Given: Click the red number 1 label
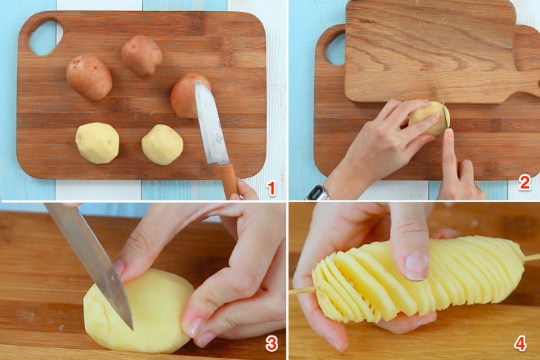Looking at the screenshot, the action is click(271, 189).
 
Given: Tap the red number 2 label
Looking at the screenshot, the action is click(524, 183).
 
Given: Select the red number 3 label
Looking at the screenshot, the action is click(271, 343).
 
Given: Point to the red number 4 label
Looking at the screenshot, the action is click(520, 343).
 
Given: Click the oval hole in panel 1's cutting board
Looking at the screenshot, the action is click(45, 37).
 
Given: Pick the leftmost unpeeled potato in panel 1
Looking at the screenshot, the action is click(90, 77).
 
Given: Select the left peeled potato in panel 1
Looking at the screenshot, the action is click(98, 143).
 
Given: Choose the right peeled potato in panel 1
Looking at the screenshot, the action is click(162, 144).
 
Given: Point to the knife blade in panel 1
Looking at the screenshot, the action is click(211, 123).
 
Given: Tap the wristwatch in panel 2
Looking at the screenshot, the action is click(317, 193).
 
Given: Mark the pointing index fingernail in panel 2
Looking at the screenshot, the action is click(449, 133).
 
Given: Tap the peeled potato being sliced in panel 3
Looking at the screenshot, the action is click(138, 310).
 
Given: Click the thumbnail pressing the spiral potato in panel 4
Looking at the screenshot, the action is click(416, 265).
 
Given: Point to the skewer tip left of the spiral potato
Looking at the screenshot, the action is click(290, 292).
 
